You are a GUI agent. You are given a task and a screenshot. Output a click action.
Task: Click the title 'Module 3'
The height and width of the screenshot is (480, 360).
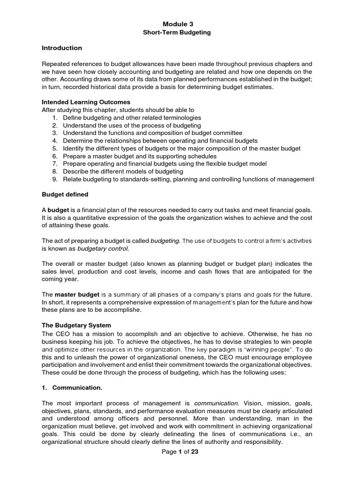click(x=178, y=24)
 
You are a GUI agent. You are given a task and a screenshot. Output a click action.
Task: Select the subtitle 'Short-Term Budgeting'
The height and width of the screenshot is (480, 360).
click(x=178, y=32)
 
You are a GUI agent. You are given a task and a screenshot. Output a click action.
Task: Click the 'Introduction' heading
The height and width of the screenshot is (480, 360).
click(x=62, y=48)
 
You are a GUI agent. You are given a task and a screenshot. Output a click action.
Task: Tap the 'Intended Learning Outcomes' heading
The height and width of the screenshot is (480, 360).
click(x=86, y=102)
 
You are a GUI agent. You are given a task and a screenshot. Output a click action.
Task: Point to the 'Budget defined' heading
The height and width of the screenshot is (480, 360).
click(x=65, y=194)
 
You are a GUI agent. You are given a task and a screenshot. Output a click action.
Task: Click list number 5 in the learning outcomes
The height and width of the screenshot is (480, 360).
click(x=55, y=149)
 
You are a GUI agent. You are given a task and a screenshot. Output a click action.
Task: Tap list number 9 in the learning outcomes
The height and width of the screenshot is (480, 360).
click(x=55, y=179)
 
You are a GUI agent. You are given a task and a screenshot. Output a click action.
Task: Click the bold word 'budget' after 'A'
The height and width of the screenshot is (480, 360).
click(x=59, y=210)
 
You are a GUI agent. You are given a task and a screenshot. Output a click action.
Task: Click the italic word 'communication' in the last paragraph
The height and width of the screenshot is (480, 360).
click(x=216, y=403)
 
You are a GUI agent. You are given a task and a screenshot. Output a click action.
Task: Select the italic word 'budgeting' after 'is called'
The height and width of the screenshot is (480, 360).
click(x=165, y=241)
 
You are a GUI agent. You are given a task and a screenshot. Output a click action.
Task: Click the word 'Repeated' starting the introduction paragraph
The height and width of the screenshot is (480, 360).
click(x=56, y=64)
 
